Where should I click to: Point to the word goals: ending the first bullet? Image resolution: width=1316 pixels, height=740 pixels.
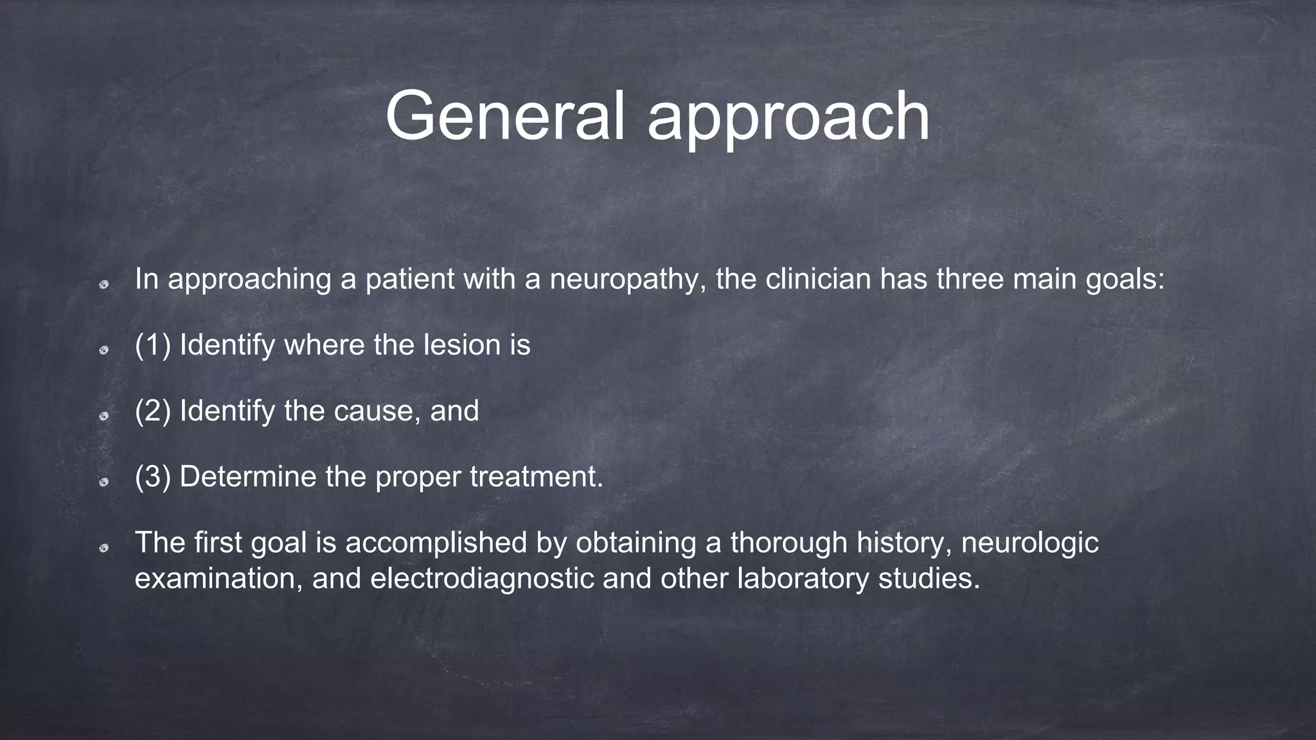pyautogui.click(x=1125, y=280)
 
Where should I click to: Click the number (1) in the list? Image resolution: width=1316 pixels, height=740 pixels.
pyautogui.click(x=153, y=346)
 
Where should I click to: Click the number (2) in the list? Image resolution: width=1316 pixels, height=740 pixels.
pyautogui.click(x=153, y=411)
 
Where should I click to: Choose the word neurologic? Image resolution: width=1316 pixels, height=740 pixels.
pyautogui.click(x=1029, y=543)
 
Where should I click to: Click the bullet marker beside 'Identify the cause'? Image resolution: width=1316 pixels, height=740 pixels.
pyautogui.click(x=103, y=416)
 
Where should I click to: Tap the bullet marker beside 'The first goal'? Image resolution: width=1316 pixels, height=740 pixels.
pyautogui.click(x=103, y=547)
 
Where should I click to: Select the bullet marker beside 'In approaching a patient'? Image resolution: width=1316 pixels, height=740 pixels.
pyautogui.click(x=103, y=284)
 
